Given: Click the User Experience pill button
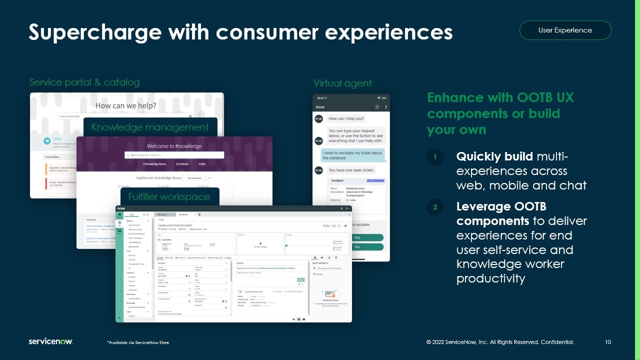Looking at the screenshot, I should point(565,30).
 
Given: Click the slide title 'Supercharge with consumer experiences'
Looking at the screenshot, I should point(240,32).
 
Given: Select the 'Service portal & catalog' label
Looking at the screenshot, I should point(84,82).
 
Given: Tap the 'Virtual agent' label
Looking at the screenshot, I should point(342,83).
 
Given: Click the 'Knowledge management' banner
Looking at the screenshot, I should point(150,127).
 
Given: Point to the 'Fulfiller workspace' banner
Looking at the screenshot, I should point(169,196).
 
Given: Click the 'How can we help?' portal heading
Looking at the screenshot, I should point(125,105).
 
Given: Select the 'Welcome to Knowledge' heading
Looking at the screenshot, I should point(174,146).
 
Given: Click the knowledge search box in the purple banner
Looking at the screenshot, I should point(174,155).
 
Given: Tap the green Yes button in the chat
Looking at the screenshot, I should point(356,238).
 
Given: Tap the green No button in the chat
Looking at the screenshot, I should point(356,247).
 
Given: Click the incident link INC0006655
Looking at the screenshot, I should point(375,180).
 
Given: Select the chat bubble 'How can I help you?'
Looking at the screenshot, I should point(346,118).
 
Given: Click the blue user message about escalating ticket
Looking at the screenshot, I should point(352,155).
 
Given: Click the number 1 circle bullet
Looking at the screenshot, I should point(435,157).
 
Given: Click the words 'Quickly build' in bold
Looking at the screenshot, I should point(494,157).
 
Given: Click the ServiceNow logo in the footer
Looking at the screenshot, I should point(50,341).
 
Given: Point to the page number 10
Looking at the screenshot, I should point(608,342).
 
